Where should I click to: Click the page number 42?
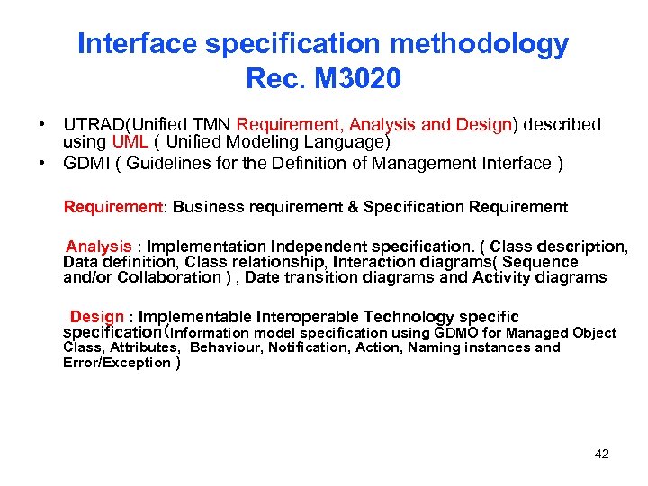(602, 454)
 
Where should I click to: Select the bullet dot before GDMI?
(41, 163)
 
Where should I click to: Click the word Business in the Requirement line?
(204, 207)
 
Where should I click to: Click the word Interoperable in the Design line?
(308, 317)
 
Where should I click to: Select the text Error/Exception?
(117, 363)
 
